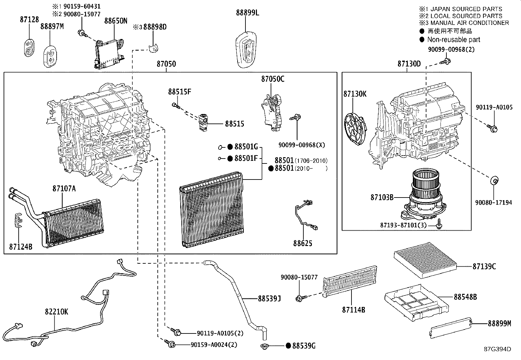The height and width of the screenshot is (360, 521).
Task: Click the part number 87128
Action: tap(29, 20)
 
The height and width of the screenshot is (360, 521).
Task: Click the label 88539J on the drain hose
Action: tap(269, 298)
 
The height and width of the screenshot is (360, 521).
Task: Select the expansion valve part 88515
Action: tap(203, 123)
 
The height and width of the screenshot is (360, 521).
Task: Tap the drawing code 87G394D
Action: tap(497, 349)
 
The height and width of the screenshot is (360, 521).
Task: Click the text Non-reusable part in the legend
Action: tap(454, 40)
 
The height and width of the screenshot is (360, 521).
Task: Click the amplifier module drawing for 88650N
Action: tap(110, 52)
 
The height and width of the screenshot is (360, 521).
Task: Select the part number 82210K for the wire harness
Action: tap(57, 312)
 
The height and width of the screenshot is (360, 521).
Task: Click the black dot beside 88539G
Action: tap(288, 346)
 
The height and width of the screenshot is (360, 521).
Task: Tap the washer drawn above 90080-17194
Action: tap(494, 180)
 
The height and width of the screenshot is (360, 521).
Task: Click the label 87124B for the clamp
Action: tap(21, 247)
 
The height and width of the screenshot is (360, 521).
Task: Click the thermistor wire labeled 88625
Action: tap(306, 216)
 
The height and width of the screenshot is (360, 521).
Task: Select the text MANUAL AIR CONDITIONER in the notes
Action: tap(470, 23)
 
